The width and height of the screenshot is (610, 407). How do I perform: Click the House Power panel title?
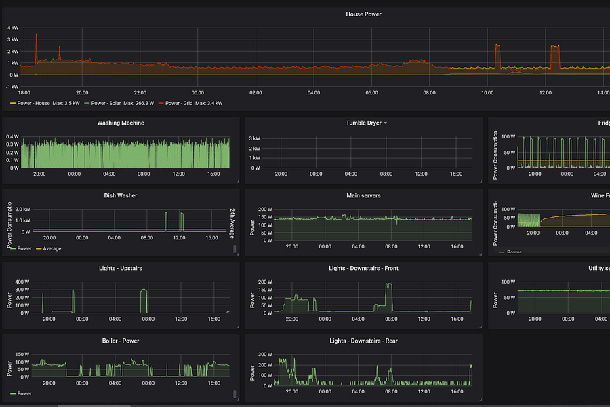pyautogui.click(x=363, y=14)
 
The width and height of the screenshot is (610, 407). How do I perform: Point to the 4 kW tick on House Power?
pyautogui.click(x=13, y=28)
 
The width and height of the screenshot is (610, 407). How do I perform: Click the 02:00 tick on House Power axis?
pyautogui.click(x=256, y=92)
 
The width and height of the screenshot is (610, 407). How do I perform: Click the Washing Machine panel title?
pyautogui.click(x=121, y=123)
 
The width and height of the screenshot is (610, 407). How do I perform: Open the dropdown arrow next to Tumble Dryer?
pyautogui.click(x=385, y=123)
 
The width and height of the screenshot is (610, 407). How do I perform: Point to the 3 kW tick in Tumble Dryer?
pyautogui.click(x=255, y=138)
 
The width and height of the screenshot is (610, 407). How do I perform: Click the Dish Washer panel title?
pyautogui.click(x=121, y=195)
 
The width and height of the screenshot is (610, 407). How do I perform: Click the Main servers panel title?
pyautogui.click(x=363, y=195)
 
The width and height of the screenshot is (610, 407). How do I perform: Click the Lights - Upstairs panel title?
pyautogui.click(x=121, y=268)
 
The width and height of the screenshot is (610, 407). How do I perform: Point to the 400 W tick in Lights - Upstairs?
pyautogui.click(x=22, y=282)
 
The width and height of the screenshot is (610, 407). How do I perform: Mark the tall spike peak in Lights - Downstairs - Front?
pyautogui.click(x=388, y=285)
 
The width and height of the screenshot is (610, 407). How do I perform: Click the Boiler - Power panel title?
pyautogui.click(x=121, y=341)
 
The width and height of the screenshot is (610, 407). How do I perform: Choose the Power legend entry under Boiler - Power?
pyautogui.click(x=24, y=393)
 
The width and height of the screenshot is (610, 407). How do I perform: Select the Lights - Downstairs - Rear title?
pyautogui.click(x=363, y=341)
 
